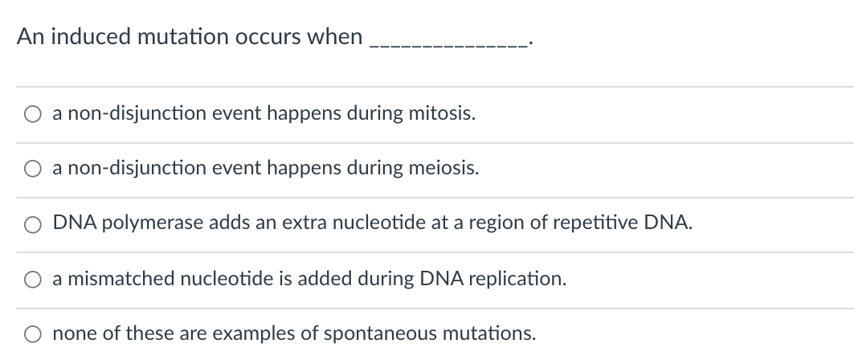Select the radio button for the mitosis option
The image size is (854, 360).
pos(35,115)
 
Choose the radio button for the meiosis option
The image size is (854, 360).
pos(35,170)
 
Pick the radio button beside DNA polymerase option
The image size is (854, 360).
pos(35,224)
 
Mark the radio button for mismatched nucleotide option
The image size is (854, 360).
pos(35,280)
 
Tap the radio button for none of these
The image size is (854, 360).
pos(35,334)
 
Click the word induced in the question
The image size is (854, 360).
pos(88,38)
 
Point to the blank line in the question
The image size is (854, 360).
pos(447,42)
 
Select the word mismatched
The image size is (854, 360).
pos(112,279)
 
